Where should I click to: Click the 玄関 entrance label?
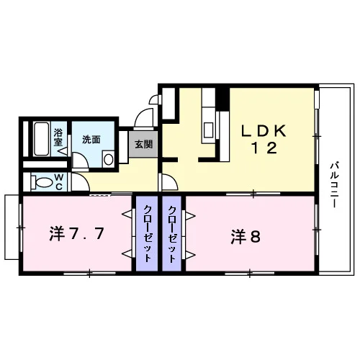coord(143,145)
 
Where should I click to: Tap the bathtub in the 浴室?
coord(42,139)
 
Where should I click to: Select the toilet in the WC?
coord(42,182)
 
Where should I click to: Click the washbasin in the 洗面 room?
coord(108,159)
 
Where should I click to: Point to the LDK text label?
coord(264,132)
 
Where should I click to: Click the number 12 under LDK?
coord(264,148)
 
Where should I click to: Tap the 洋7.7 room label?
coord(76,234)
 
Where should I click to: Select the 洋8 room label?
coord(246,236)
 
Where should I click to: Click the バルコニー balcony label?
coord(335,185)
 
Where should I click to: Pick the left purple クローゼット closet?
coord(147,234)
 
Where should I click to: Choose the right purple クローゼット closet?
coord(172,234)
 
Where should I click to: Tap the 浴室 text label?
coord(58,138)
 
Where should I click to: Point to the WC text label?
coord(59,182)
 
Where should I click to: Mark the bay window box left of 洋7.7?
coord(12,228)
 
